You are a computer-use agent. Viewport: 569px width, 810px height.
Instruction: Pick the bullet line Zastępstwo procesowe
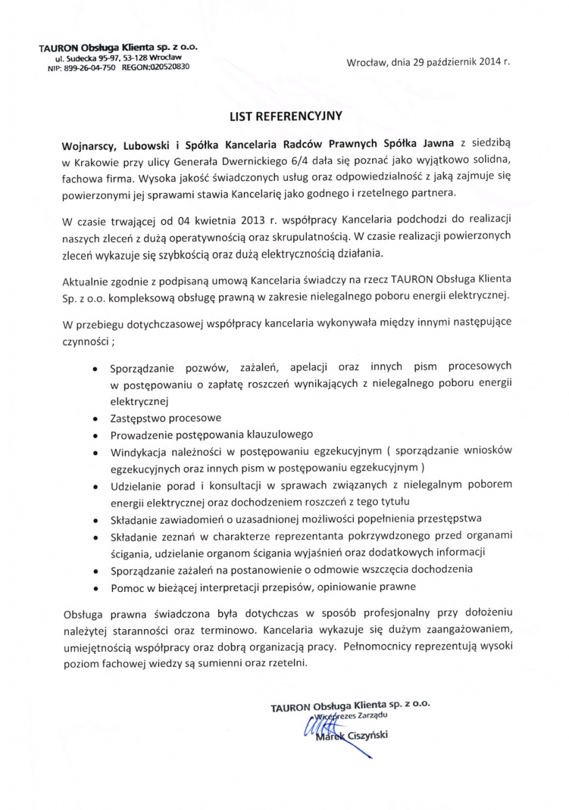tap(166, 417)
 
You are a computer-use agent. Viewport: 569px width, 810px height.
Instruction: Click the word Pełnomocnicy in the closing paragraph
tap(378, 646)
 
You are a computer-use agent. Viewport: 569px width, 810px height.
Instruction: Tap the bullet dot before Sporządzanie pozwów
tap(94, 369)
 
